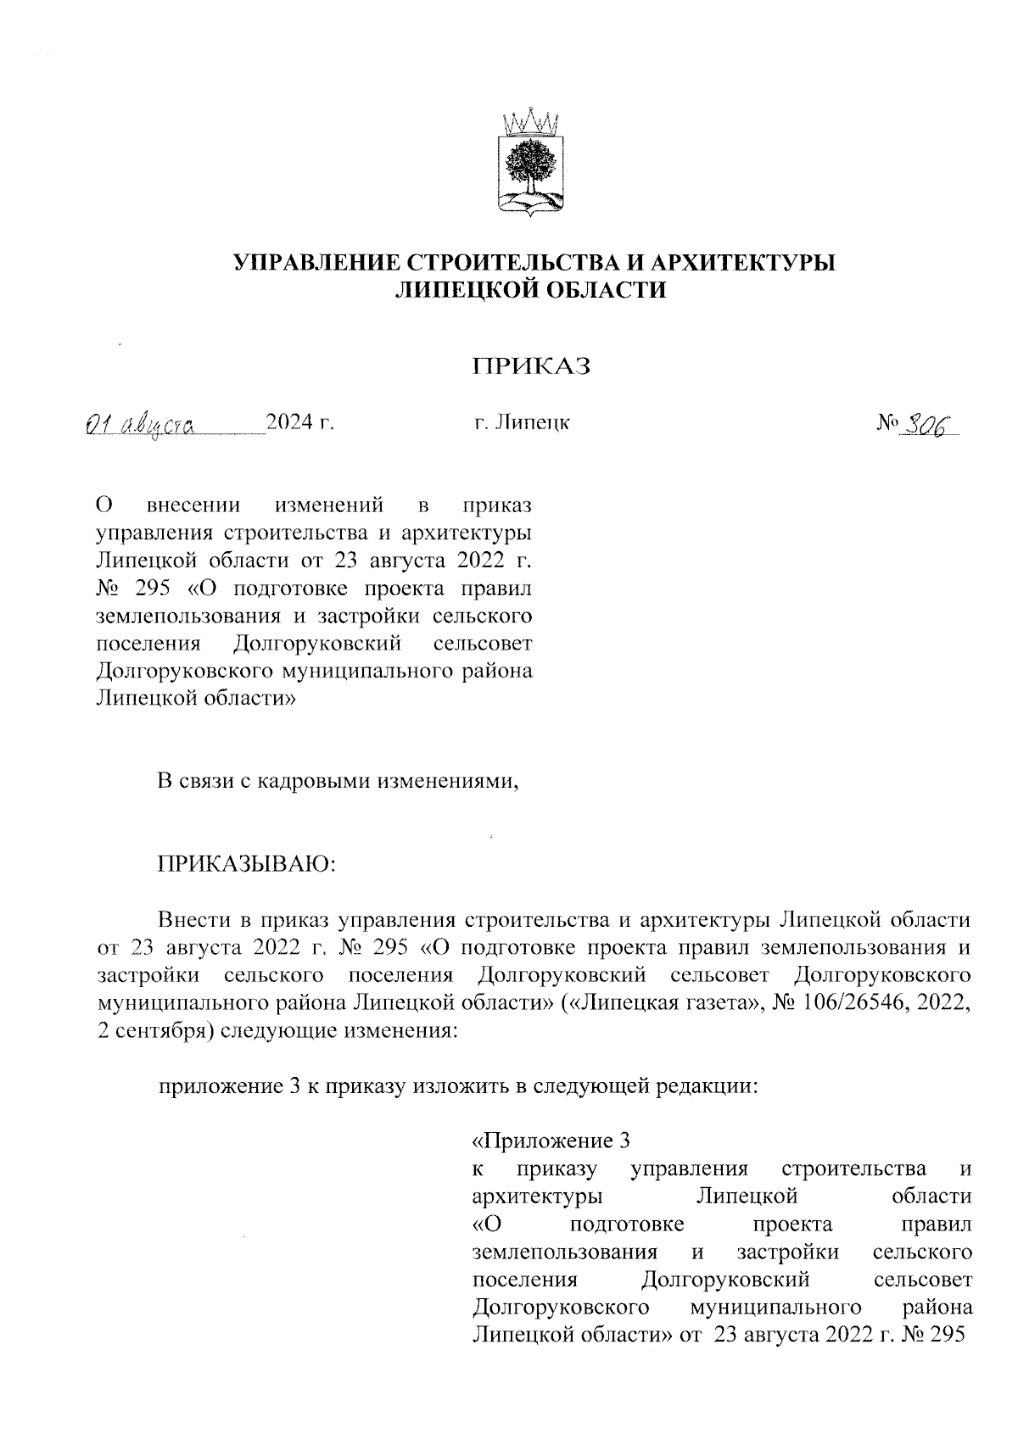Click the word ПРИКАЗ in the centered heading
coord(531,366)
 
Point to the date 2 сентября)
coord(154,1031)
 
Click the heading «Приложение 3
coord(551,1141)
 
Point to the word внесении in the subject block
coord(193,506)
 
